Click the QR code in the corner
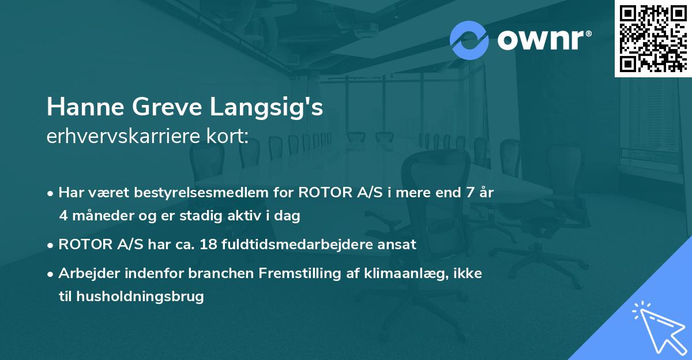(x=652, y=39)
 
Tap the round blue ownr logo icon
(x=469, y=40)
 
